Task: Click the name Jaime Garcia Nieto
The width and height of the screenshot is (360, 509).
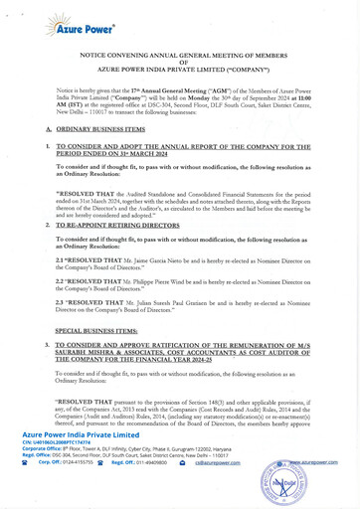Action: (162, 259)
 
